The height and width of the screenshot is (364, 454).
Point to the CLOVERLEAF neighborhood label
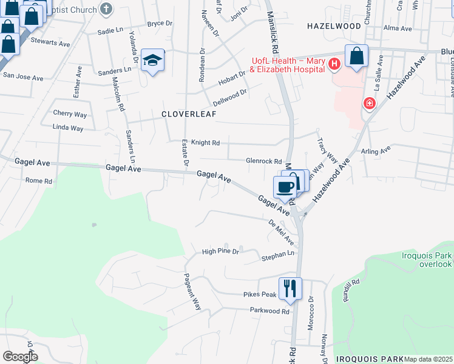click(189, 113)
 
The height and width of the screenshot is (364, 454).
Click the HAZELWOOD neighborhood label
click(334, 26)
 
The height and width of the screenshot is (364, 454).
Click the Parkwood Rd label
click(269, 311)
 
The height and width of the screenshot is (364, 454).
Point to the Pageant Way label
click(193, 291)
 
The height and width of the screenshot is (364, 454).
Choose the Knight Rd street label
click(205, 143)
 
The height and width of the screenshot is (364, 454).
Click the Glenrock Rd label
click(264, 161)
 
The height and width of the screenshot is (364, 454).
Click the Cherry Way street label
click(70, 113)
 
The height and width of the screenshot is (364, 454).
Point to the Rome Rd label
click(39, 181)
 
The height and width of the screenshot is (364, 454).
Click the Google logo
click(20, 357)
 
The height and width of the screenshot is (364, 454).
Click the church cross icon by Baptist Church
click(106, 9)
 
